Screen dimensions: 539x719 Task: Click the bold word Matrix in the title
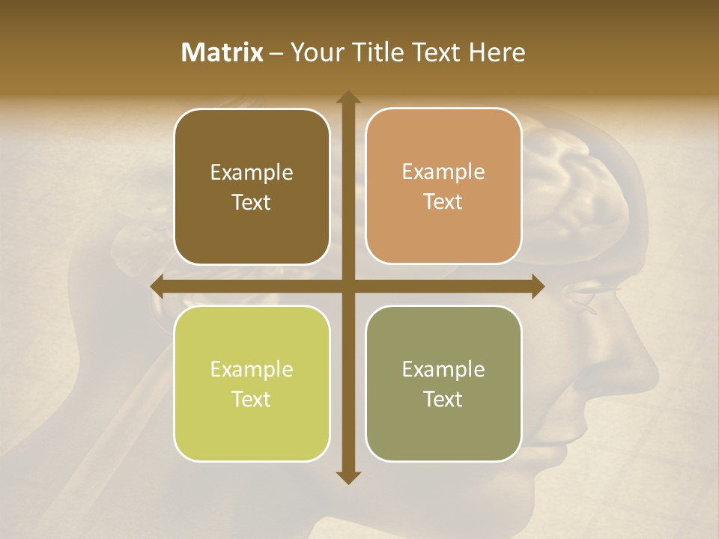(x=222, y=52)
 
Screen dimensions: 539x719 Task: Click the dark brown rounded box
(x=252, y=186)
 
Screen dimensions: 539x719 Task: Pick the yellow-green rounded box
(x=252, y=383)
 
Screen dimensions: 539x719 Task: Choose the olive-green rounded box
(x=443, y=383)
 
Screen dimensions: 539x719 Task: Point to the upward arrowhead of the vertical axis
(x=348, y=97)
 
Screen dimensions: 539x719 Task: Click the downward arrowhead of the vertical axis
(x=348, y=477)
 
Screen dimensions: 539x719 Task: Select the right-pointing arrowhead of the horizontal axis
(x=537, y=286)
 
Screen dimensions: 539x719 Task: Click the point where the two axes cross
(x=348, y=286)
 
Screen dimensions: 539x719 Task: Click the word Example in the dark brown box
(x=252, y=173)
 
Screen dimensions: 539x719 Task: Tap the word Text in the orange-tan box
(x=443, y=202)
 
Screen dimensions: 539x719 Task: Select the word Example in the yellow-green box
(x=252, y=370)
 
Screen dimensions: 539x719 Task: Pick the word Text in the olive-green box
(x=443, y=399)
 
